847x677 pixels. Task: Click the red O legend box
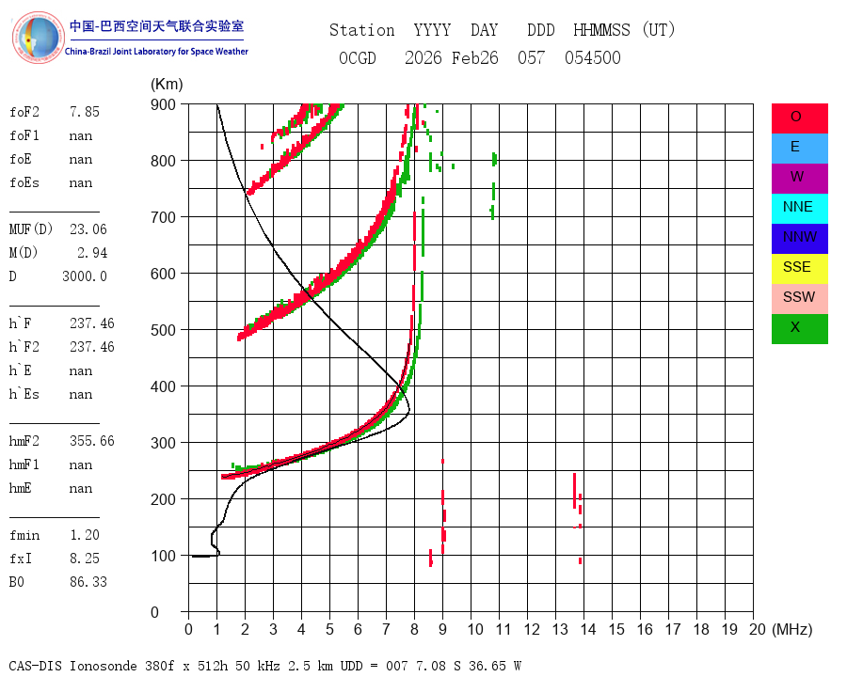pyautogui.click(x=799, y=118)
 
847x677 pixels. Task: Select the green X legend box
pyautogui.click(x=799, y=329)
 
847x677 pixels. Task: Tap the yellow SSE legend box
pyautogui.click(x=799, y=269)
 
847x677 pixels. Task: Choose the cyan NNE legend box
pyautogui.click(x=799, y=209)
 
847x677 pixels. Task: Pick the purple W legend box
pyautogui.click(x=799, y=178)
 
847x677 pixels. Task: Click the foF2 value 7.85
pyautogui.click(x=85, y=112)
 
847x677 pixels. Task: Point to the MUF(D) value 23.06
pyautogui.click(x=88, y=229)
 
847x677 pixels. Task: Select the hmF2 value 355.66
pyautogui.click(x=92, y=441)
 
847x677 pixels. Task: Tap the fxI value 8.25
pyautogui.click(x=85, y=559)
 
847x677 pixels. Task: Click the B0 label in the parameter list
pyautogui.click(x=16, y=582)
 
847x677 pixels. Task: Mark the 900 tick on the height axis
pyautogui.click(x=163, y=104)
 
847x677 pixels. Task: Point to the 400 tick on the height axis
pyautogui.click(x=163, y=386)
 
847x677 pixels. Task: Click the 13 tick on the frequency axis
pyautogui.click(x=560, y=629)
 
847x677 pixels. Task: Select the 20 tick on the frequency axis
pyautogui.click(x=758, y=629)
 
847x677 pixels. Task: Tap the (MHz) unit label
pyautogui.click(x=792, y=629)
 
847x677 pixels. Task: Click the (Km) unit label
pyautogui.click(x=167, y=85)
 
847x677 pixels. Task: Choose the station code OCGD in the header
pyautogui.click(x=358, y=57)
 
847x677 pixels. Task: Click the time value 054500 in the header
pyautogui.click(x=593, y=57)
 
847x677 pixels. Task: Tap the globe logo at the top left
pyautogui.click(x=38, y=38)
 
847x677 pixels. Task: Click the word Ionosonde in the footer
pyautogui.click(x=103, y=666)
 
